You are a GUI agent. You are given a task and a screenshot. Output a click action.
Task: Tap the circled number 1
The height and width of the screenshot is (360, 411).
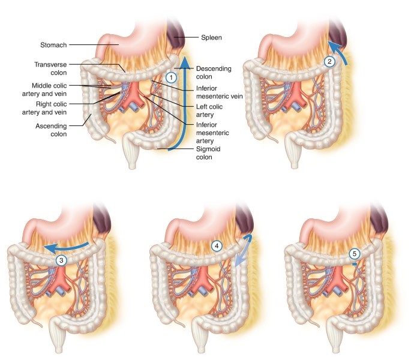pyautogui.click(x=171, y=77)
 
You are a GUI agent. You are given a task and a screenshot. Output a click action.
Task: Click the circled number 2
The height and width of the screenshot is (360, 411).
pyautogui.click(x=328, y=61)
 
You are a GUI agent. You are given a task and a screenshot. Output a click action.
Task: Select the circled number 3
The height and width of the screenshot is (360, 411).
pyautogui.click(x=61, y=260)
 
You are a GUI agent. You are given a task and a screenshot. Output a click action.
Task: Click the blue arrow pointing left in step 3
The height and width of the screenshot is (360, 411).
pyautogui.click(x=69, y=247)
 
